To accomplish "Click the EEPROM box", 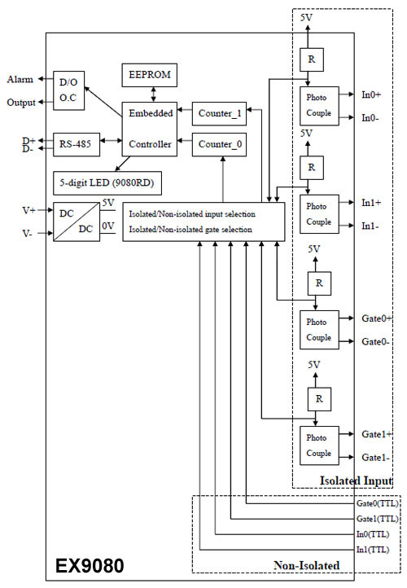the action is pos(150,75).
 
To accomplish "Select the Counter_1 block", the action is pos(219,114).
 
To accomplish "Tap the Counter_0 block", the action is pos(219,144).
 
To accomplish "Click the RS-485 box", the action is pos(77,144).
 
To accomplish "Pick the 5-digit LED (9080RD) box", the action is pos(107,183).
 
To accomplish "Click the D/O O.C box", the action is pos(68,90).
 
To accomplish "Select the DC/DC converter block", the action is pos(77,222).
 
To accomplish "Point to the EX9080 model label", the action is pos(90,565).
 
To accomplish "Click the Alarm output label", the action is pos(20,79).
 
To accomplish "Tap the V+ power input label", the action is pos(28,210).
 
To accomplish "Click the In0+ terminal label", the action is pos(371,94).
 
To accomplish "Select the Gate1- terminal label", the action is pos(375,458).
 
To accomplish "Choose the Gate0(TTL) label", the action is pos(378,503).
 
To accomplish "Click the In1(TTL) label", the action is pos(373,550).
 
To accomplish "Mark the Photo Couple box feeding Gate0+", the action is pos(319,330).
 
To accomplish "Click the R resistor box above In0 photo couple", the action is pos(312,59).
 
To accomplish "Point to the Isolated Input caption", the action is pos(356,480).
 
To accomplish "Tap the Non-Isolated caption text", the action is pos(307,565).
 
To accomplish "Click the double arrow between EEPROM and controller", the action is pos(153,94).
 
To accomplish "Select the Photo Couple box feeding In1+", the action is pos(319,214).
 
